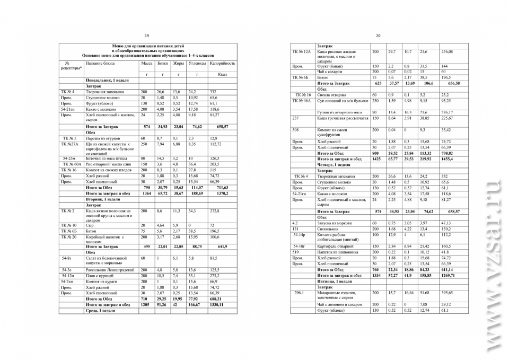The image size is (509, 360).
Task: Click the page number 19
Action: coord(147,35)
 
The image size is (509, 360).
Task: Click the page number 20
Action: coord(378,35)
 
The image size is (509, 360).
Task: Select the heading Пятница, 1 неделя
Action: coord(335,281)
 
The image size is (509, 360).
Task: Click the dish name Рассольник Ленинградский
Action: coord(110,270)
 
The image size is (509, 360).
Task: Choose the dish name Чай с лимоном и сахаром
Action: coord(340,304)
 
